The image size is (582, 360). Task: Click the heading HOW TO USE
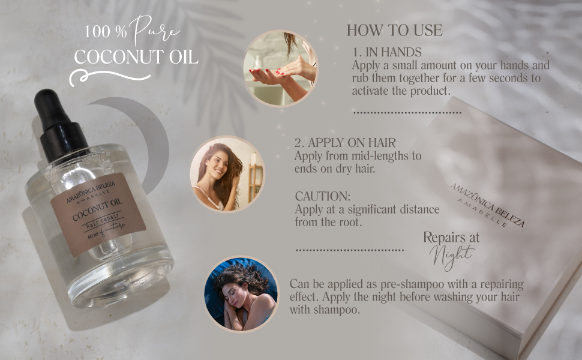(x=394, y=31)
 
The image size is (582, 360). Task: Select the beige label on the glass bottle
(x=98, y=214)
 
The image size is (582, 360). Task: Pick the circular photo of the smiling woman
(x=227, y=173)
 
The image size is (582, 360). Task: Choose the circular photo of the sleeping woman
(x=241, y=295)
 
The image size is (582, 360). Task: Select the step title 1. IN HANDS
(x=386, y=52)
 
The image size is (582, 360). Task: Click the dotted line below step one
(x=407, y=112)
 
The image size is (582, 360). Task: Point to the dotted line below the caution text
(x=350, y=250)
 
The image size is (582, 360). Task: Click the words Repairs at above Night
(x=451, y=237)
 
